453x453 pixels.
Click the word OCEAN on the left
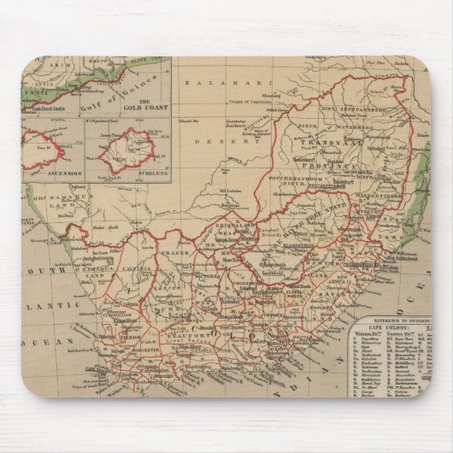pos(50,342)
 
